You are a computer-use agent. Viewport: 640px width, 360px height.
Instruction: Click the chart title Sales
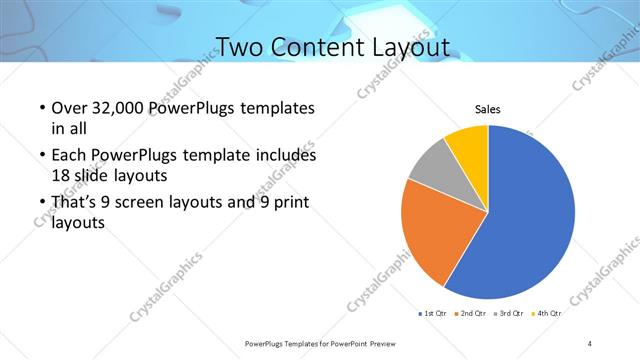tap(487, 110)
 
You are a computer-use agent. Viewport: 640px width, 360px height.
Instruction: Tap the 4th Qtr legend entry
tap(547, 314)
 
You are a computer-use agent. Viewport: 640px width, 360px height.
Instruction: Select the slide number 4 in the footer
tap(590, 343)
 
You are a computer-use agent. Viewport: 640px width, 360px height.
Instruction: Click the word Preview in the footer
tap(381, 343)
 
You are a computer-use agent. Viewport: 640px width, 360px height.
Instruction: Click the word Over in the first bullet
tap(68, 108)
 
